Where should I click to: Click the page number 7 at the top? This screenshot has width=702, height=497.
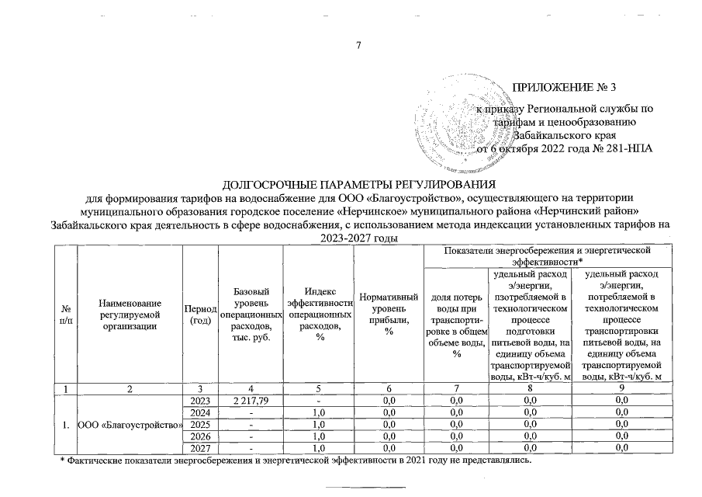point(358,44)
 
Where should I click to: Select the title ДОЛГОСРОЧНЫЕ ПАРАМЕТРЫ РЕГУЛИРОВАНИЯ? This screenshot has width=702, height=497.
point(358,184)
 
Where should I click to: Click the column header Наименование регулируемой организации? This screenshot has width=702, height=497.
point(130,315)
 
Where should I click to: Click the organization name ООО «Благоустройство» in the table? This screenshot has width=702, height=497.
point(130,426)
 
